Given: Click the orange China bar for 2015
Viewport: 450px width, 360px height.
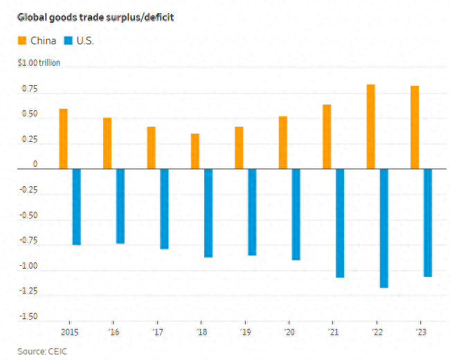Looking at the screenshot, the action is coord(64,138).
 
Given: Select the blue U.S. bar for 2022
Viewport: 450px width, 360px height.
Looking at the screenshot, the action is coord(384,228).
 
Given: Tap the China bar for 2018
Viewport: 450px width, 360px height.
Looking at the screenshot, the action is coord(195,151).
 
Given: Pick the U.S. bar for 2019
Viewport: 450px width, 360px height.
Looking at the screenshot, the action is coord(252,212).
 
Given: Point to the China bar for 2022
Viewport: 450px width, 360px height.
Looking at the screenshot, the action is coord(371,127).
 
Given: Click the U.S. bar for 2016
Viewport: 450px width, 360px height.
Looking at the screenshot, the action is coord(120,206).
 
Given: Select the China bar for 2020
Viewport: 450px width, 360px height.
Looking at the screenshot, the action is coord(283,143).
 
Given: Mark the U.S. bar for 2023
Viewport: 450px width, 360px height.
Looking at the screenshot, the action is coord(428,223).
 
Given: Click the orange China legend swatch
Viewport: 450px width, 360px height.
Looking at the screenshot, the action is coord(22,40).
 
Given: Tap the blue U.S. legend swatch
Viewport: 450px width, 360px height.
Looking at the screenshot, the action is coord(69,40).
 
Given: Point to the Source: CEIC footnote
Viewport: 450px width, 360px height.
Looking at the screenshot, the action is coord(42,352).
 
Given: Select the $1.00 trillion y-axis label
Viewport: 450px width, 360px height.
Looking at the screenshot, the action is coord(39,62).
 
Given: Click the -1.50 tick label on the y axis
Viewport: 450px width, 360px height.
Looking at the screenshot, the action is coord(28,316).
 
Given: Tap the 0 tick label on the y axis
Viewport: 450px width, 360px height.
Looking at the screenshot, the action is coord(35,164).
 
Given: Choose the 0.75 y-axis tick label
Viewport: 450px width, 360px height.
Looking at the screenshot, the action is coord(30,89).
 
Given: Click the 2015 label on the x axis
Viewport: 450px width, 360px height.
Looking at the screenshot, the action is coord(70,332).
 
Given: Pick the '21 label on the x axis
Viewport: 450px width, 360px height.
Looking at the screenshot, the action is coord(334,332).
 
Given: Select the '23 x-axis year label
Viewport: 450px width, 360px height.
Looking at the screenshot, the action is coord(421,332).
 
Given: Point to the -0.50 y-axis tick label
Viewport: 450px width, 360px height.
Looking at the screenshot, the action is coord(28,215).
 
